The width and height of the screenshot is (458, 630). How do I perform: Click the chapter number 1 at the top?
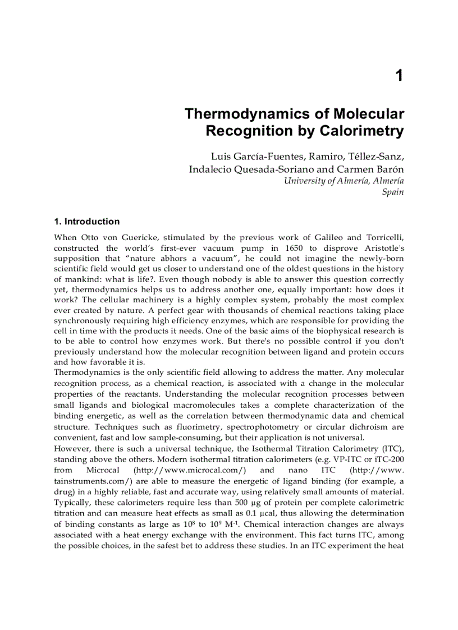[x=399, y=76]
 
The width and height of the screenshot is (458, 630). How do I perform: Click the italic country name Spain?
[x=393, y=192]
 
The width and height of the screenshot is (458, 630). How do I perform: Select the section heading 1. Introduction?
[x=87, y=222]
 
